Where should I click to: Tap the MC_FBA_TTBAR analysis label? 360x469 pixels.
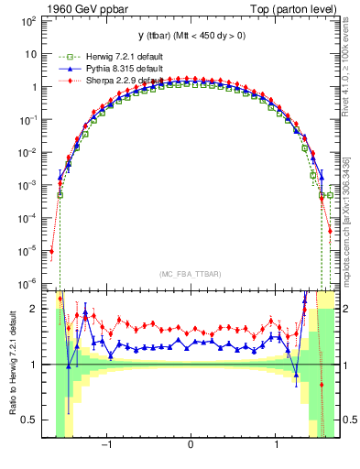tap(191, 274)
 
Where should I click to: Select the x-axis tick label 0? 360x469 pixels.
tap(191, 446)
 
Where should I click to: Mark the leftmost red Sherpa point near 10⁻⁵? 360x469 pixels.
tap(52, 250)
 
